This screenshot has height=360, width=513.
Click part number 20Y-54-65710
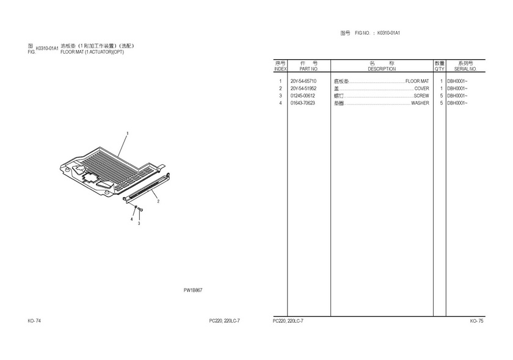click(x=304, y=81)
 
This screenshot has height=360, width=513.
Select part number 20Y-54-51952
click(x=304, y=88)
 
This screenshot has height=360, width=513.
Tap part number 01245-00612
click(x=303, y=96)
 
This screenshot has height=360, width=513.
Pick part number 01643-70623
click(x=303, y=103)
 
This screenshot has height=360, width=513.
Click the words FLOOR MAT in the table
click(x=417, y=81)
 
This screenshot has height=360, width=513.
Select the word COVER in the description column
click(x=422, y=88)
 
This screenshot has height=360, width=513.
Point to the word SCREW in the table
click(x=421, y=96)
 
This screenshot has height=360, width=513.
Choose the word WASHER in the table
click(x=420, y=103)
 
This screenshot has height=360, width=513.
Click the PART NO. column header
click(x=309, y=69)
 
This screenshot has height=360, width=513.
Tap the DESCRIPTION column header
click(x=382, y=69)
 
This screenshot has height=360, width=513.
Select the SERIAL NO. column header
click(x=465, y=69)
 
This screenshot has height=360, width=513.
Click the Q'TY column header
click(x=440, y=69)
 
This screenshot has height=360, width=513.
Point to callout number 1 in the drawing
click(x=128, y=133)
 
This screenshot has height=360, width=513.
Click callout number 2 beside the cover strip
click(x=158, y=201)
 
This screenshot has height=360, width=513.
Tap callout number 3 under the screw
click(x=139, y=223)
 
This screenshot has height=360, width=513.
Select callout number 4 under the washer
click(x=132, y=219)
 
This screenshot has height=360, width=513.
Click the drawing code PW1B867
click(x=193, y=290)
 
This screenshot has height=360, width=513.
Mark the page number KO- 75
click(x=477, y=321)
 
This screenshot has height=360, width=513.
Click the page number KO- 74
click(x=34, y=321)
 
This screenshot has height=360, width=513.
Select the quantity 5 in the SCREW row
click(x=442, y=96)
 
